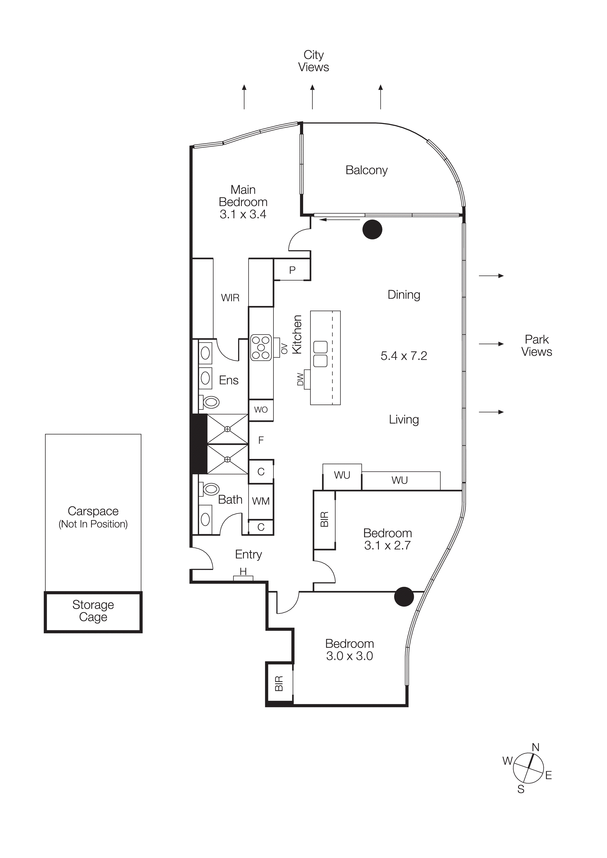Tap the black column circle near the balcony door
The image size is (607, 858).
coord(372,229)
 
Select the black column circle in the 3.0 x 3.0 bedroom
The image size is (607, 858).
coord(404,596)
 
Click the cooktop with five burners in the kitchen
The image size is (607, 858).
coord(261,347)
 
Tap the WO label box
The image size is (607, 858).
coord(261,410)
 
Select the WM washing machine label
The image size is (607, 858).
coord(261,501)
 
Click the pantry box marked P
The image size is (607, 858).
coord(292,270)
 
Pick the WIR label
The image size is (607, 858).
coord(230,298)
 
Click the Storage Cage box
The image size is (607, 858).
coord(93,611)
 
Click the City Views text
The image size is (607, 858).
coord(313,61)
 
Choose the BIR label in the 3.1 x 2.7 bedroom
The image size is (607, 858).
coord(324,519)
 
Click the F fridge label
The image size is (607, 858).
coord(261,440)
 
